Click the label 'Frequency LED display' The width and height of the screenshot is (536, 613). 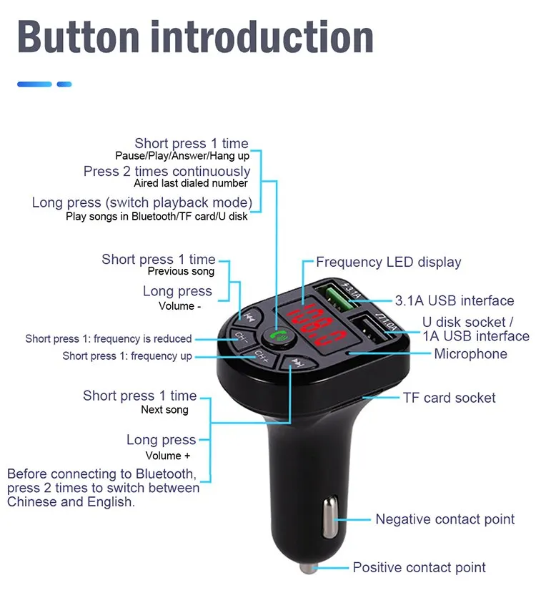[x=388, y=263]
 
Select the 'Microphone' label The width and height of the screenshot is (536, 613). [x=470, y=354]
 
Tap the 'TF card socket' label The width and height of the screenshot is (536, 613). [x=449, y=398]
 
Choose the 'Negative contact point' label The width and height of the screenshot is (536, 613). [x=445, y=519]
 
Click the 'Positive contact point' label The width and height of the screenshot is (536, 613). [x=419, y=568]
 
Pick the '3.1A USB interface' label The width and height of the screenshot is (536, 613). [x=454, y=300]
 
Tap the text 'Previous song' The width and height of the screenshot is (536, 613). [x=181, y=272]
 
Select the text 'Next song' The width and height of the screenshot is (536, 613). [x=164, y=410]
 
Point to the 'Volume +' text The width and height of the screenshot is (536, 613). [x=168, y=456]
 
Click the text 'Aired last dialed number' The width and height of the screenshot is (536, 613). [x=191, y=184]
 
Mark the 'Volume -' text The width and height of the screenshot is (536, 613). [x=179, y=306]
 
